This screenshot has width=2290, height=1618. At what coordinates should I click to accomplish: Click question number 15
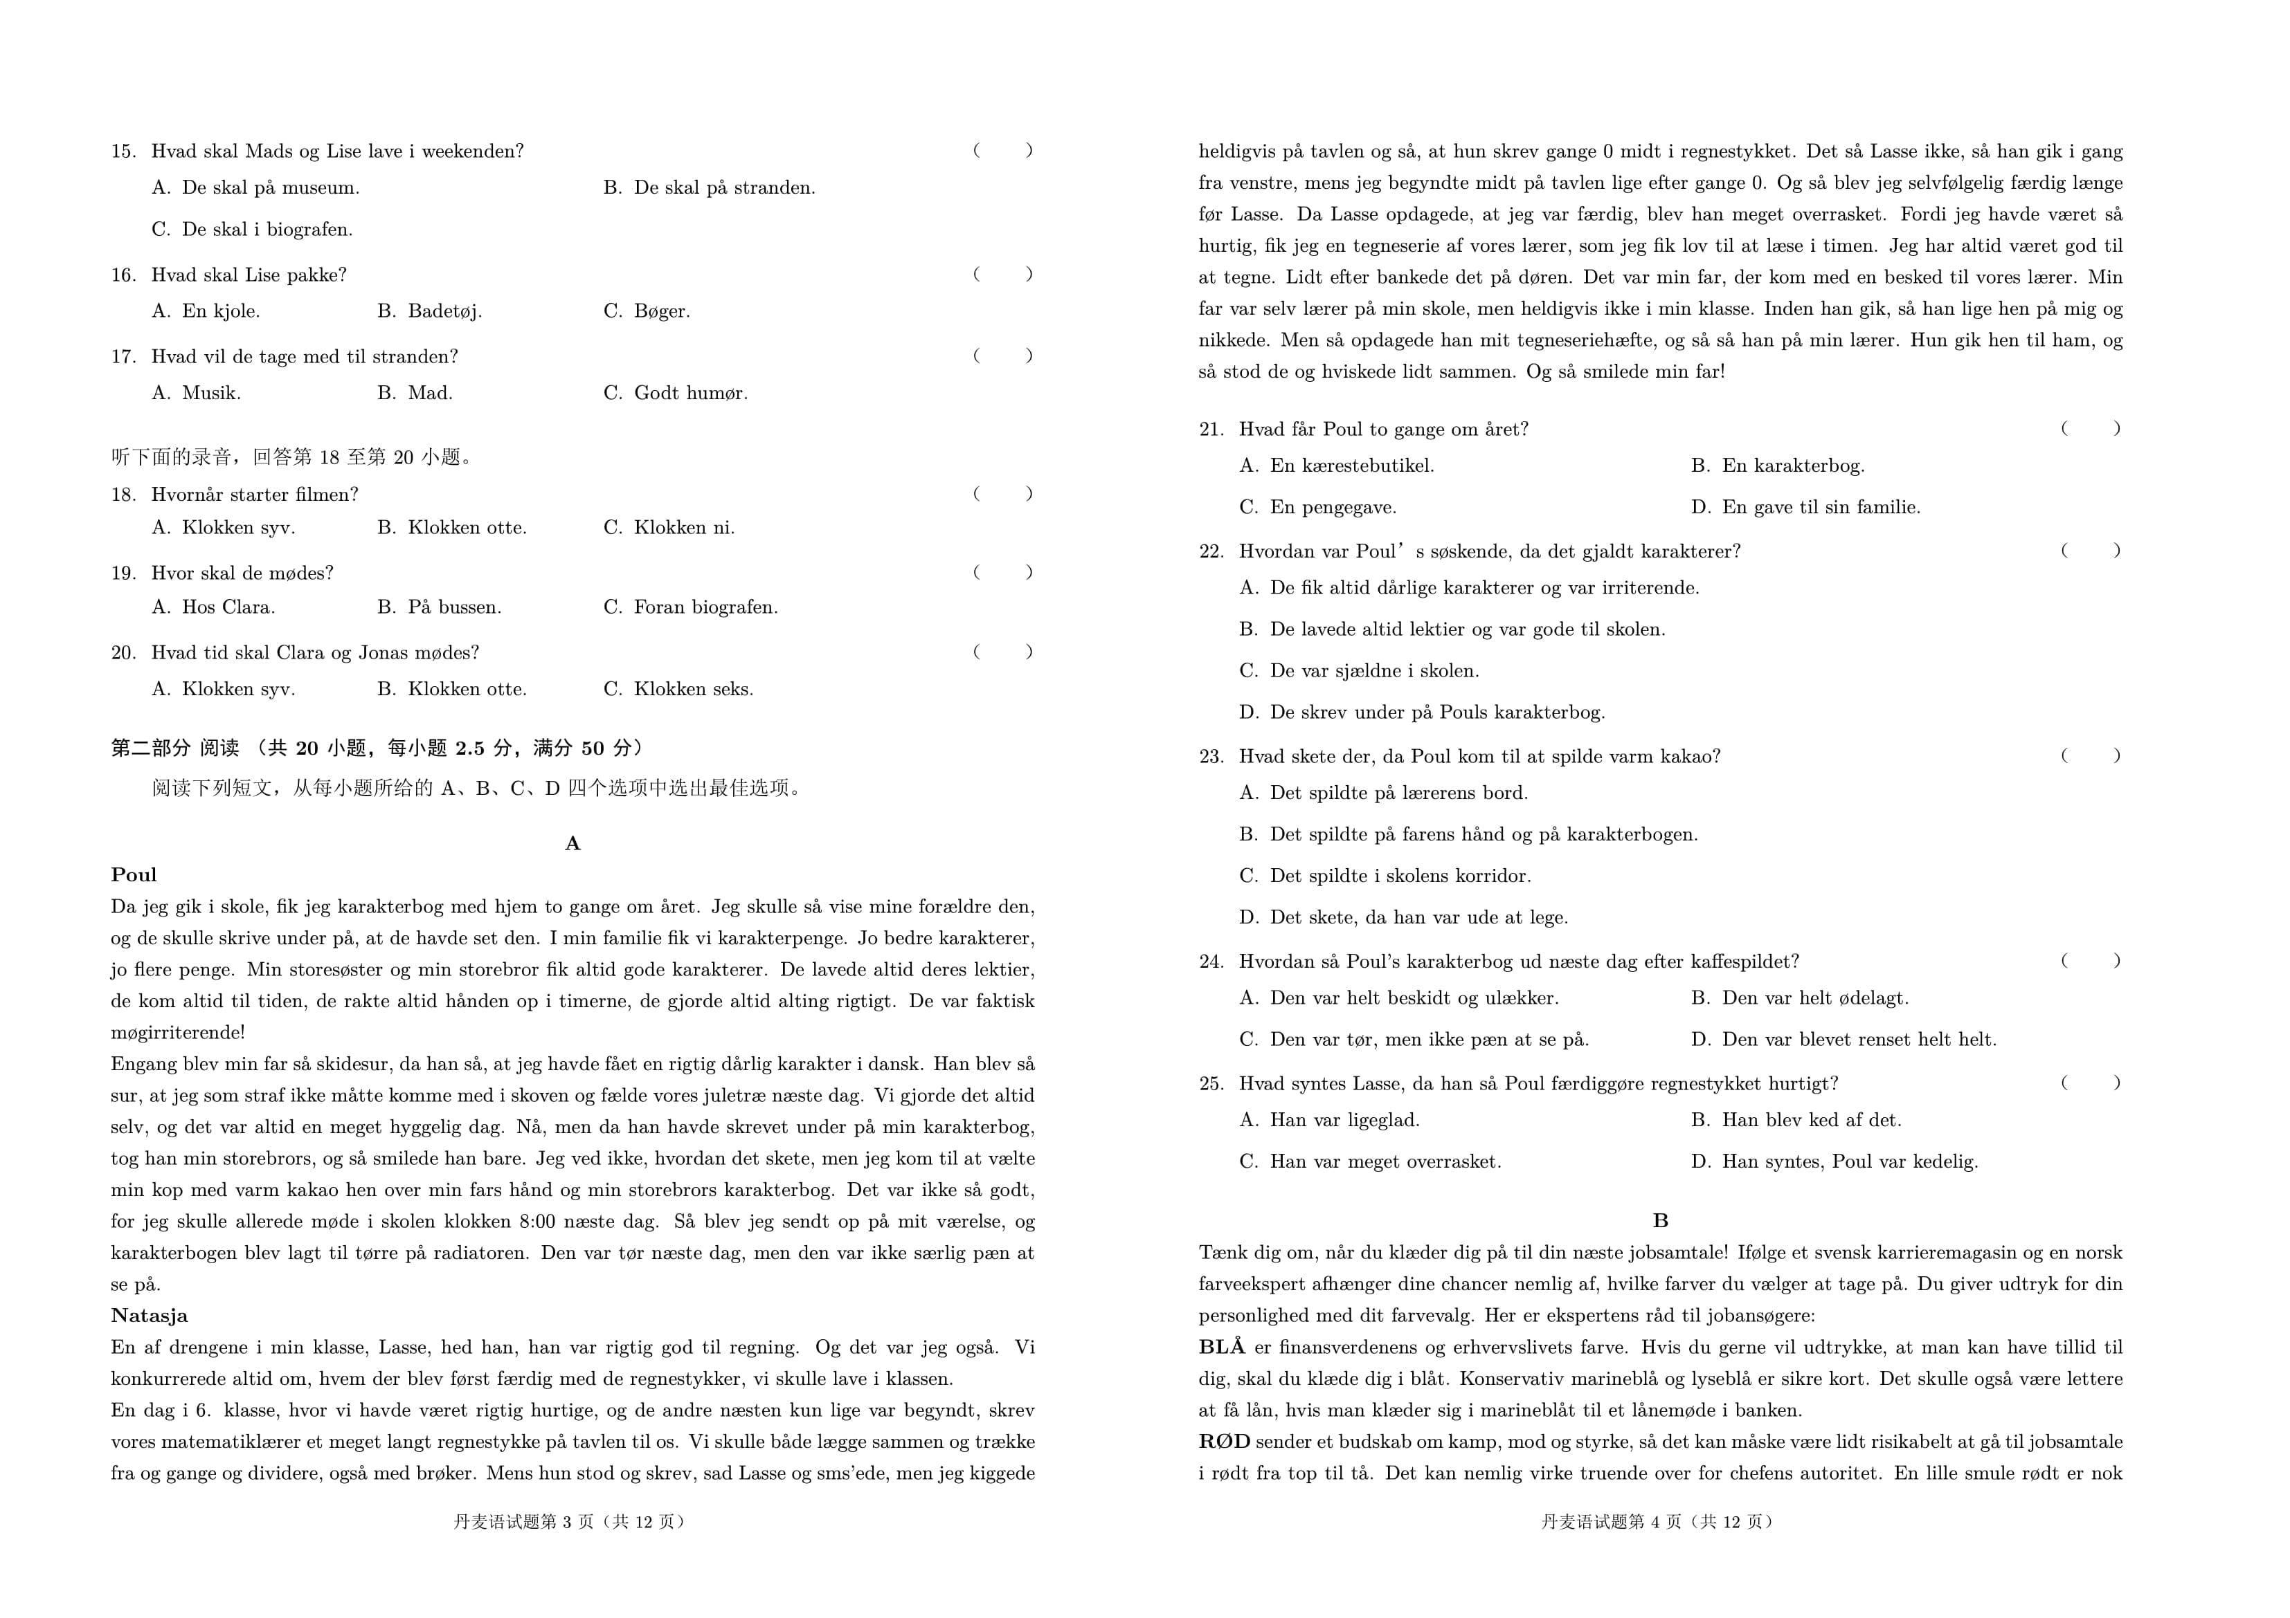[x=124, y=151]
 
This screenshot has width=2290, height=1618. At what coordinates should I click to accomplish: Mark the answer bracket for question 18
[x=1002, y=493]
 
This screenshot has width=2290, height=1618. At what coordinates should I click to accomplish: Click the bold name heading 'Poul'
[x=134, y=875]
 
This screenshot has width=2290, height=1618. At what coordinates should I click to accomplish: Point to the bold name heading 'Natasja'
[x=150, y=1316]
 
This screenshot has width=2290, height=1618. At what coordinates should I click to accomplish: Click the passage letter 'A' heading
[x=572, y=843]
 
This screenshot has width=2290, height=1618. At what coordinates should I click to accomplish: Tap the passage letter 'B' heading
[x=1659, y=1220]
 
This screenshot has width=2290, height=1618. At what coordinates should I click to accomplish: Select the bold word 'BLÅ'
[x=1222, y=1348]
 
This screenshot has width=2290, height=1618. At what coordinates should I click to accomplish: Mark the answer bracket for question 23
[x=2091, y=755]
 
